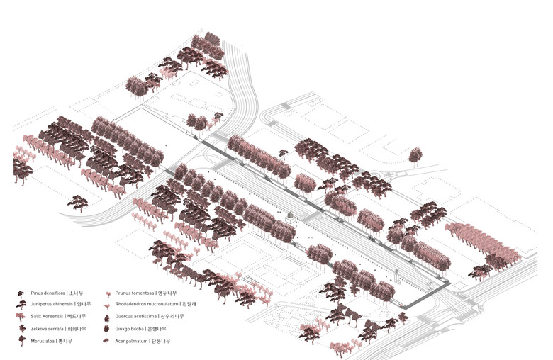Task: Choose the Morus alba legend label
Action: pyautogui.click(x=45, y=341)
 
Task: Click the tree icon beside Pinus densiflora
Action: pyautogui.click(x=21, y=293)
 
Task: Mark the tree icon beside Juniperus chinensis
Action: pyautogui.click(x=21, y=305)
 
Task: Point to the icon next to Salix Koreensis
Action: pyautogui.click(x=21, y=317)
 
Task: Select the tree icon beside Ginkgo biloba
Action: pyautogui.click(x=106, y=329)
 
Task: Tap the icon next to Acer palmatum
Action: pyautogui.click(x=106, y=341)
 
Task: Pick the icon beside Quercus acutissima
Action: pyautogui.click(x=106, y=317)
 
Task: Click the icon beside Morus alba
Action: pyautogui.click(x=21, y=341)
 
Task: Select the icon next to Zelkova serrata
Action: pyautogui.click(x=21, y=329)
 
